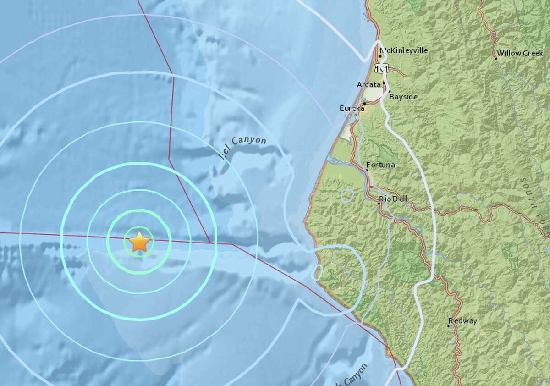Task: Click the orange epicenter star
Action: pos(139,242)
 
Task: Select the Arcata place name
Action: pos(368,84)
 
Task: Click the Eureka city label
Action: pos(352,108)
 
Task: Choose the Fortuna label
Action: pos(381,165)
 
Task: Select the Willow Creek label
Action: pos(520,53)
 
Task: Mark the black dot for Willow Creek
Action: pos(496,58)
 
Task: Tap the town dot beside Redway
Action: pos(449,326)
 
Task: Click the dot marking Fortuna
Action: pos(367,170)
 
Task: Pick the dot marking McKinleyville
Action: pos(380,56)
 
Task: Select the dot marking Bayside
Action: pos(389,91)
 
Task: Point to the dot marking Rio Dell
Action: pos(379,203)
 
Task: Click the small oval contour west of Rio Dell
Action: pos(347,196)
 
